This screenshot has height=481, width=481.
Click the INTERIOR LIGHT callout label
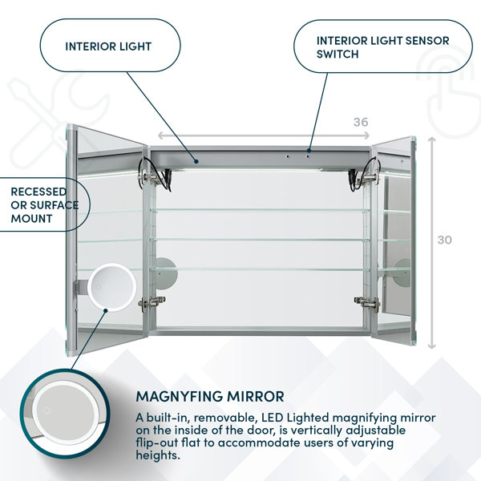point(108,46)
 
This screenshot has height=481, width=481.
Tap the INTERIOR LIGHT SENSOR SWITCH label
point(382,47)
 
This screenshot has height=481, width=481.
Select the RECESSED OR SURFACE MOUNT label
point(44,205)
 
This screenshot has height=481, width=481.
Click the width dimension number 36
point(361,122)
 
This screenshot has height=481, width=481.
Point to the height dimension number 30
point(445,240)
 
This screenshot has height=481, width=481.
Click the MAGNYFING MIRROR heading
point(210,396)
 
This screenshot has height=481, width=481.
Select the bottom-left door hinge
point(152,303)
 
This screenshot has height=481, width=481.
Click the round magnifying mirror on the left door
point(111,287)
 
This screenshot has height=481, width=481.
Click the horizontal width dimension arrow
point(264,135)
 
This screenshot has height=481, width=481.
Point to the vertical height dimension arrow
point(432,243)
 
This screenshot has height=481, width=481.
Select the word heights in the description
point(158,455)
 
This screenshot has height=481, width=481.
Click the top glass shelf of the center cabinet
point(260,210)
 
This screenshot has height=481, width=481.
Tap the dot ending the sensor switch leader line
point(309,151)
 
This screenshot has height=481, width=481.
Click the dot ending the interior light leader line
point(196,161)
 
